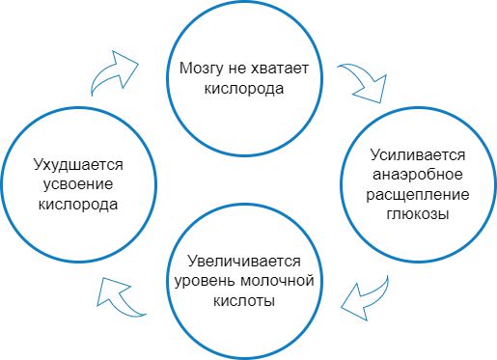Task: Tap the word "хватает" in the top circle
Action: (283, 69)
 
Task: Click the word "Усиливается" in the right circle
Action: (419, 155)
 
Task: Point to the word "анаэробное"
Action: (419, 175)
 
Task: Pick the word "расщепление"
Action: (419, 194)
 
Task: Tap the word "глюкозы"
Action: (419, 213)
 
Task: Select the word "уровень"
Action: (198, 281)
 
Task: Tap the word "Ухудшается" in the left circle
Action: (78, 165)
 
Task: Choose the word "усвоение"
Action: (78, 184)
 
